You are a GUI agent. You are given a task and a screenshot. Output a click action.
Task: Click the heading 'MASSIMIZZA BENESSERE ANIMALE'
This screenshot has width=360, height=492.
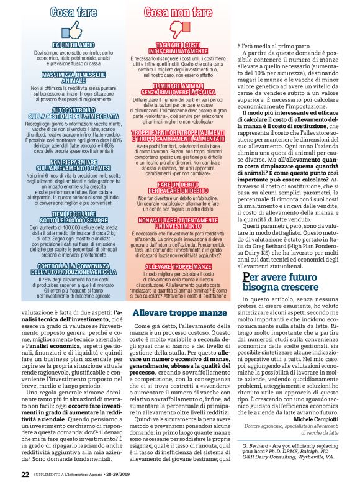pos(74,78)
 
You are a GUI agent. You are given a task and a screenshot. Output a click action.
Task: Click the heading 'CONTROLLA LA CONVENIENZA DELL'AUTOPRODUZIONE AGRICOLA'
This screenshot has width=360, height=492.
pos(74,268)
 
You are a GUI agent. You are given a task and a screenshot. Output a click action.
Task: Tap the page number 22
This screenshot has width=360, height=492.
pos(25,475)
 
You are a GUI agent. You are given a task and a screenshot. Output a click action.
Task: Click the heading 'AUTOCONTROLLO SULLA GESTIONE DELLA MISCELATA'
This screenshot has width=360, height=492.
pos(74,112)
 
